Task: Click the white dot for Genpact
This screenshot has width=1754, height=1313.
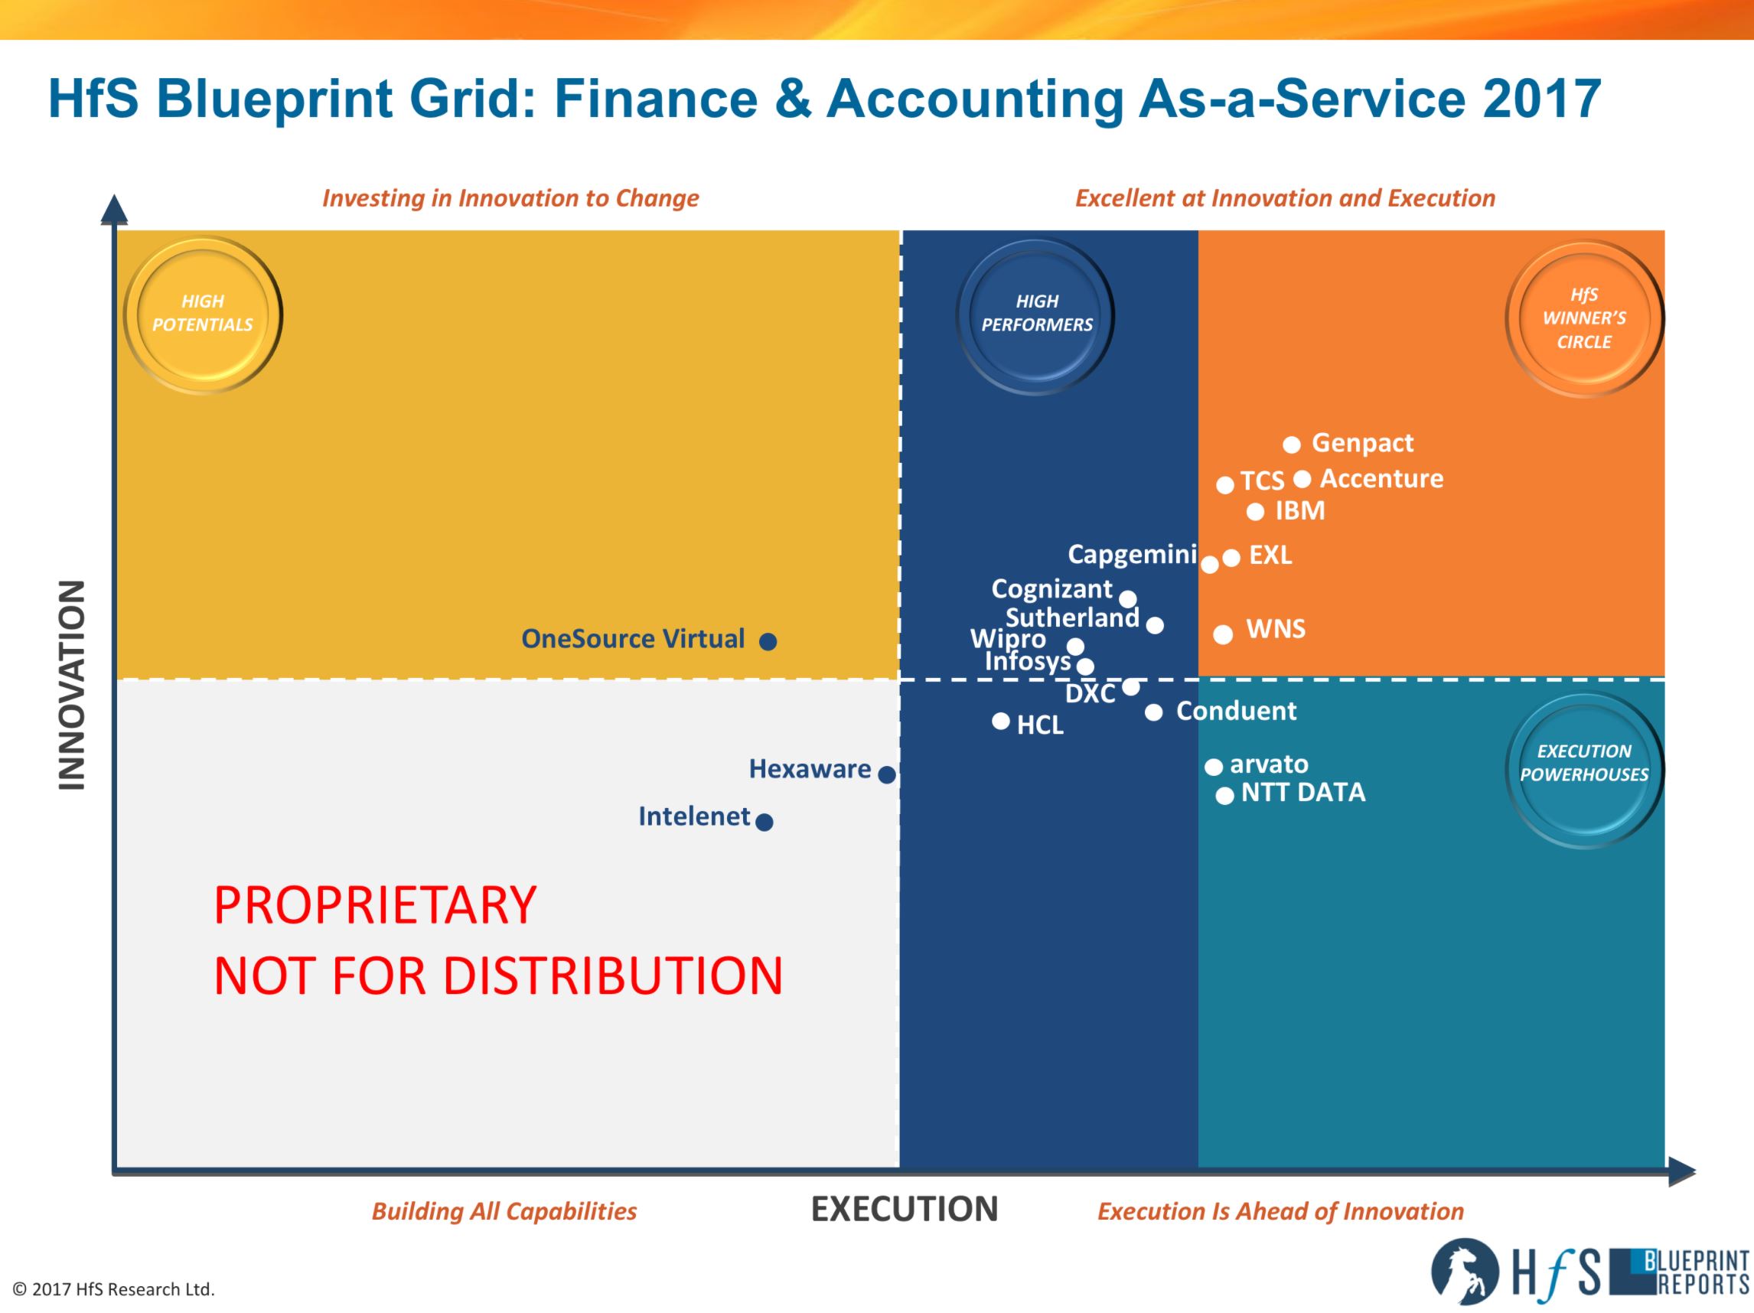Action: click(x=1292, y=445)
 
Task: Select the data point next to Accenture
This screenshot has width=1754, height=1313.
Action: click(x=1302, y=479)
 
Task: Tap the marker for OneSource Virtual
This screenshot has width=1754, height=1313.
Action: click(x=768, y=641)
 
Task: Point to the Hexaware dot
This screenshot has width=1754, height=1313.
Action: click(x=887, y=774)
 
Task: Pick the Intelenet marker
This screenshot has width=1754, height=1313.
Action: click(x=765, y=823)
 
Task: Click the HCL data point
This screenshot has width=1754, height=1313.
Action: click(x=1001, y=722)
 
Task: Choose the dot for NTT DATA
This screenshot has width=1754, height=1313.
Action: click(x=1225, y=795)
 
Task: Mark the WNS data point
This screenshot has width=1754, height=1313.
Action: click(x=1224, y=634)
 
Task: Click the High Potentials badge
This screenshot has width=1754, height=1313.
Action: click(x=203, y=314)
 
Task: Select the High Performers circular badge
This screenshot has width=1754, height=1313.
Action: click(x=1035, y=314)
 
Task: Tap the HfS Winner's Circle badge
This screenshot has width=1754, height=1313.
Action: click(x=1584, y=318)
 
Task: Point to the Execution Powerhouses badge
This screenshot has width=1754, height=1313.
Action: click(x=1584, y=768)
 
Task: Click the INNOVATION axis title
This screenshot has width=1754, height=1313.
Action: click(x=72, y=686)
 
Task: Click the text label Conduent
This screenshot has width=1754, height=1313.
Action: click(x=1236, y=712)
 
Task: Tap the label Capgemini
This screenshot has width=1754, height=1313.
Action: click(x=1133, y=554)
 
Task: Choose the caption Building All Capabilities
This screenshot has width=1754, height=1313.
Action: click(x=504, y=1211)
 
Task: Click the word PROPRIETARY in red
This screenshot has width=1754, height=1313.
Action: click(x=375, y=904)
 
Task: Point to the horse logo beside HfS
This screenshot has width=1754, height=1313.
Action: click(x=1465, y=1272)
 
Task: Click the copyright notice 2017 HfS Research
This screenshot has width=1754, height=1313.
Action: click(x=114, y=1290)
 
